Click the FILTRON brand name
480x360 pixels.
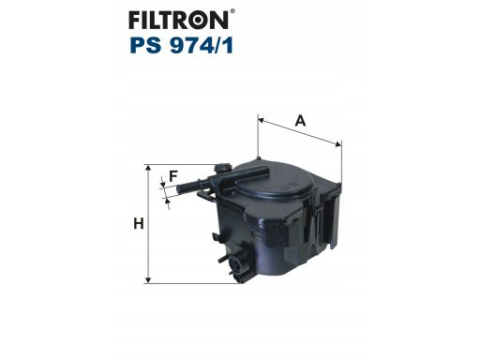178,21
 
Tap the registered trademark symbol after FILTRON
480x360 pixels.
232,11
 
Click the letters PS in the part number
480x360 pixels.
146,45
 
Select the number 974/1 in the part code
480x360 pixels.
202,45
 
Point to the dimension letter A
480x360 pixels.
300,120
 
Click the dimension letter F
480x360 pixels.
173,176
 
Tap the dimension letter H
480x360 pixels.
139,224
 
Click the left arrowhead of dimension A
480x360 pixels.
262,120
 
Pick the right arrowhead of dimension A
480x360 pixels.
337,144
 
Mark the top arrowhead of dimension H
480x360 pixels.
148,169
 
